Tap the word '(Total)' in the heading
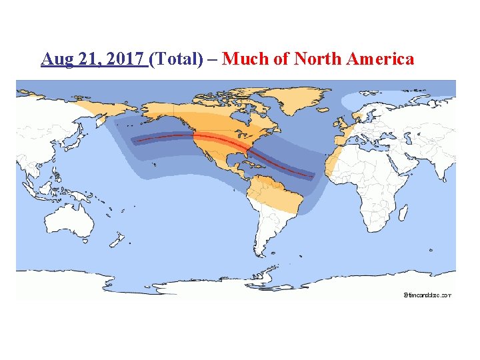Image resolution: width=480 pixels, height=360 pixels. [x=177, y=59]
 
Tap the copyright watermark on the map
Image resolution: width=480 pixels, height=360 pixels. [x=427, y=294]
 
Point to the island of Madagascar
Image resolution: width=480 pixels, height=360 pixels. [x=403, y=211]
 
